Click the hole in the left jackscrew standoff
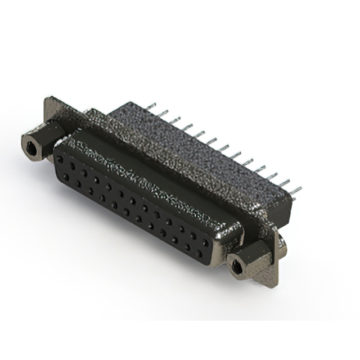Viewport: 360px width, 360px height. [31, 147]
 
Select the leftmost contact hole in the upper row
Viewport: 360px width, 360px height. [60, 160]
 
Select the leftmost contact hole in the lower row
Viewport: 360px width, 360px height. [66, 177]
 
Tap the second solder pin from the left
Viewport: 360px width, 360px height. [163, 112]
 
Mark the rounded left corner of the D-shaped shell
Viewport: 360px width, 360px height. [59, 145]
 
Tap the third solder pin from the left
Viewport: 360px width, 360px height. [175, 119]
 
